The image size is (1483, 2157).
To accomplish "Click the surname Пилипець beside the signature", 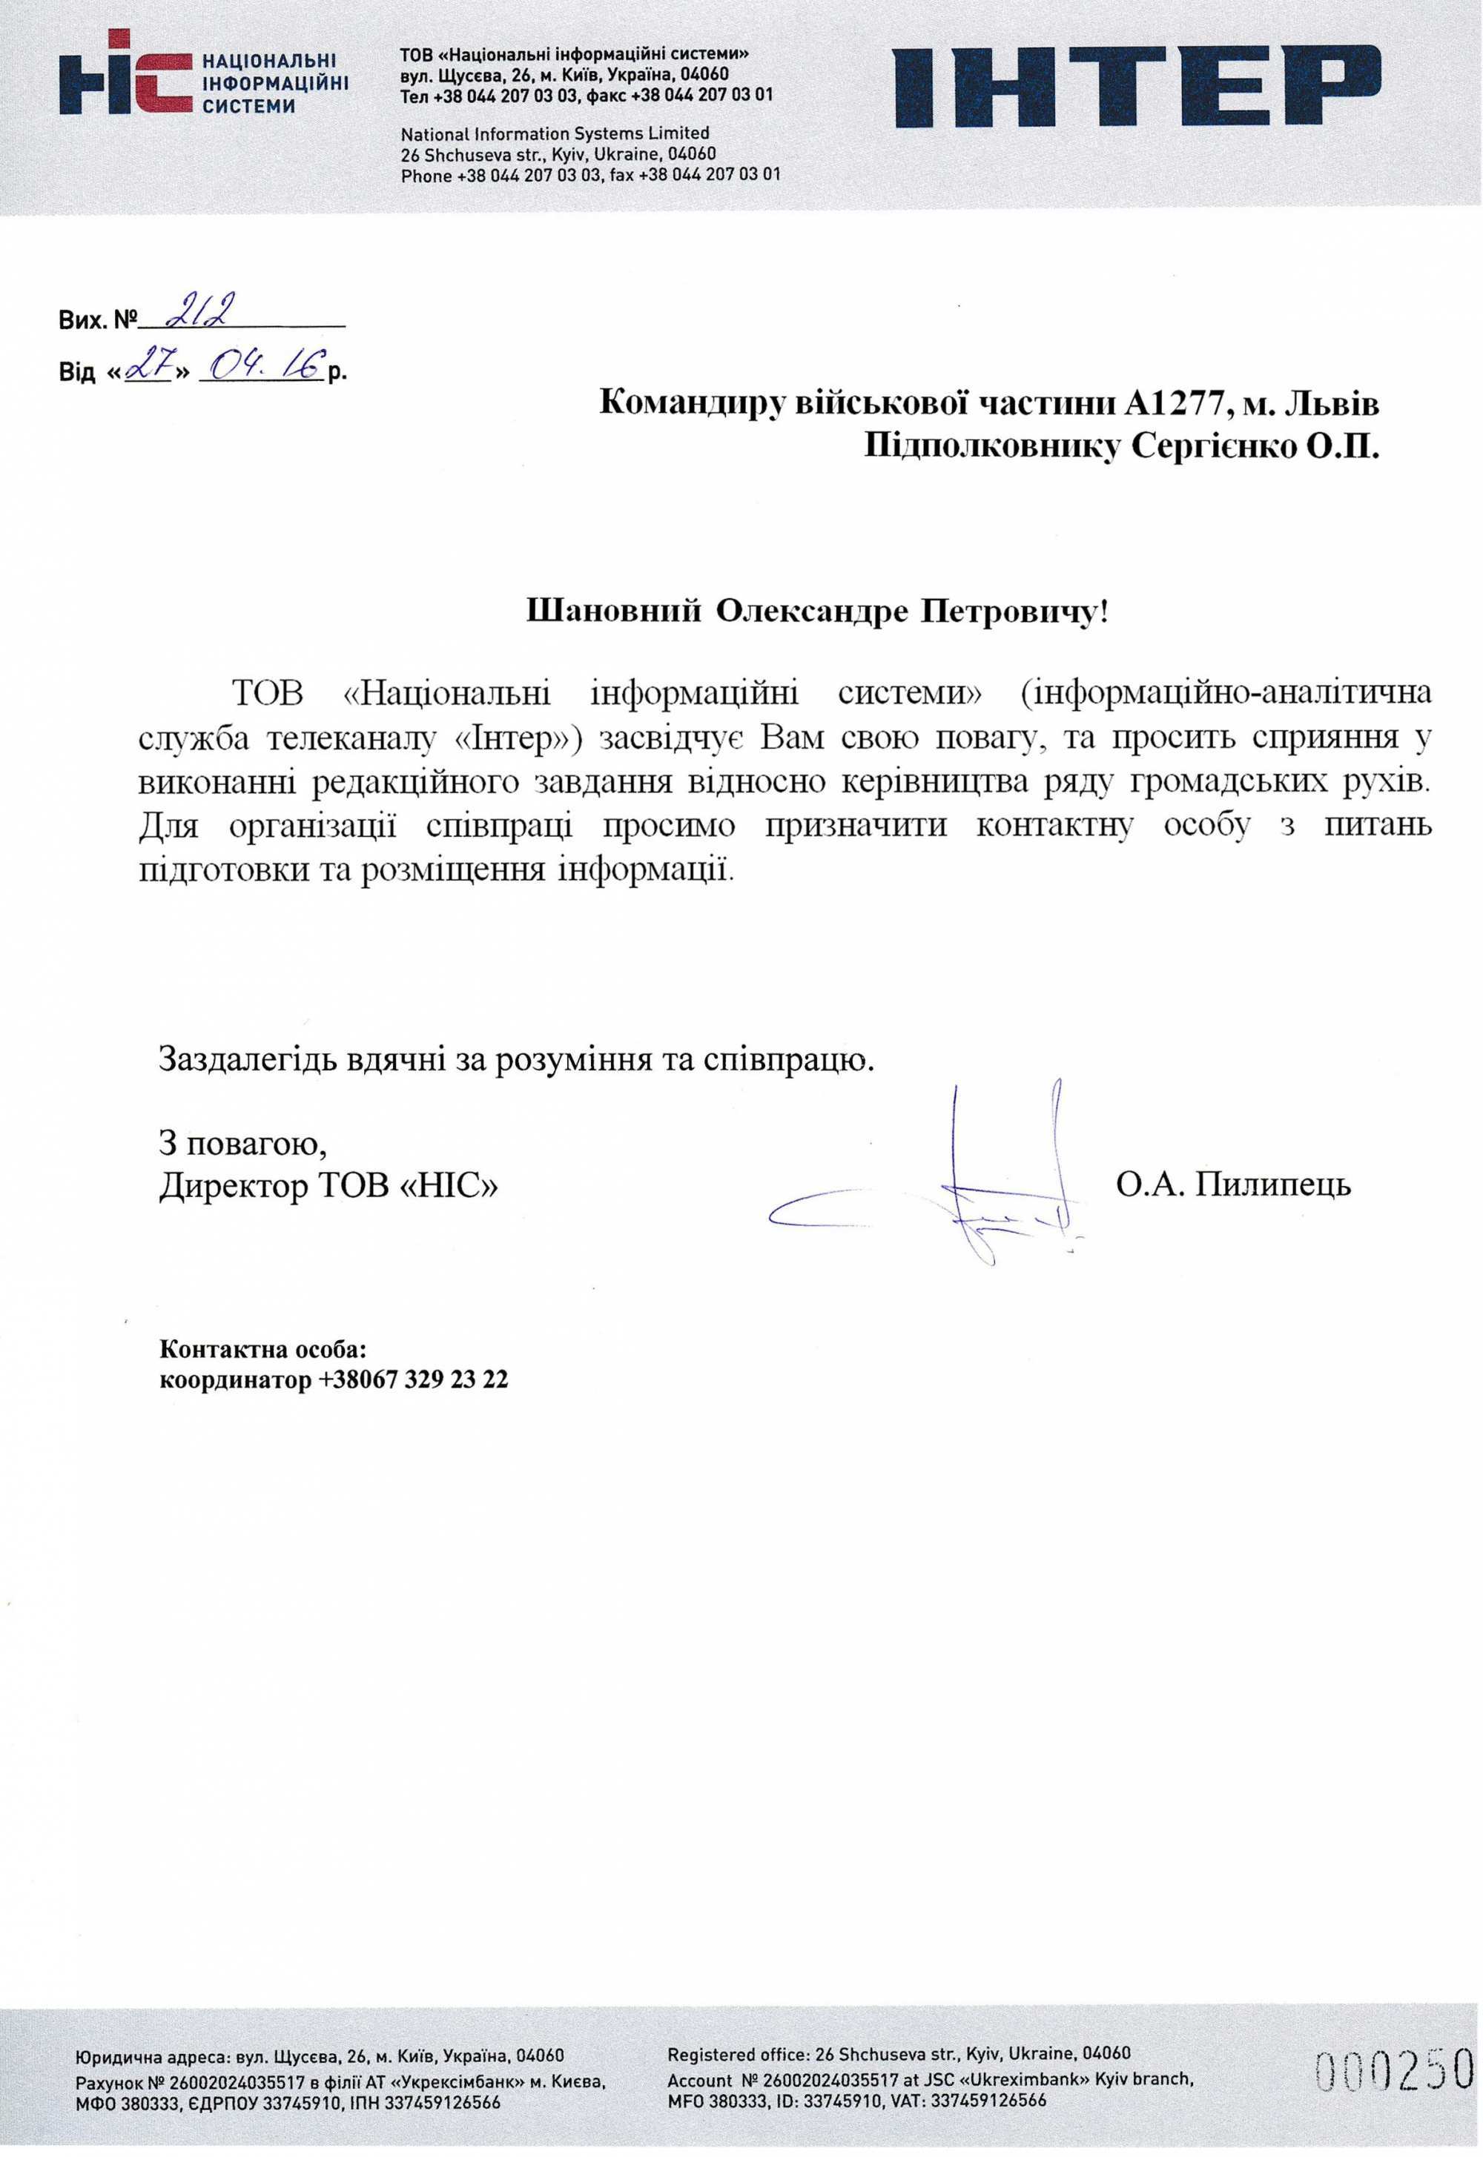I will (1273, 1185).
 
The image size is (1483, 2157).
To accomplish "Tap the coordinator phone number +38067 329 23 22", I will (414, 1379).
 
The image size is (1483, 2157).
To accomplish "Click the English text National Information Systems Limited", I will (555, 133).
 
